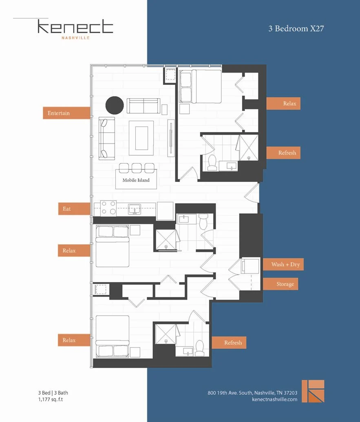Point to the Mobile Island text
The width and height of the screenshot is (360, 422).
click(x=136, y=180)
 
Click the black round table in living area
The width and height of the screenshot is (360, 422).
click(x=115, y=105)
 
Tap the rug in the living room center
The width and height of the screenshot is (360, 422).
click(x=141, y=138)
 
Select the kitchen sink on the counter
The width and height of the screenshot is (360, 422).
click(x=135, y=209)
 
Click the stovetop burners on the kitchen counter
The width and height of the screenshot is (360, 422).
click(x=108, y=208)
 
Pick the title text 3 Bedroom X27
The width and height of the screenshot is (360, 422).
click(x=296, y=29)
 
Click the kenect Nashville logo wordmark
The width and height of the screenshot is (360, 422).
click(x=75, y=29)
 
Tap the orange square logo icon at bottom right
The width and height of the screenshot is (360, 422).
click(x=313, y=391)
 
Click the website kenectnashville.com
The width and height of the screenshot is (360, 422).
click(x=275, y=400)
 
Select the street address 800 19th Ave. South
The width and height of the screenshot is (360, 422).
click(x=252, y=393)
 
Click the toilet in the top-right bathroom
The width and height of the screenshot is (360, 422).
click(x=212, y=163)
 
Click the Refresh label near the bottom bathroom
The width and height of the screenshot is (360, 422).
click(x=233, y=342)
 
